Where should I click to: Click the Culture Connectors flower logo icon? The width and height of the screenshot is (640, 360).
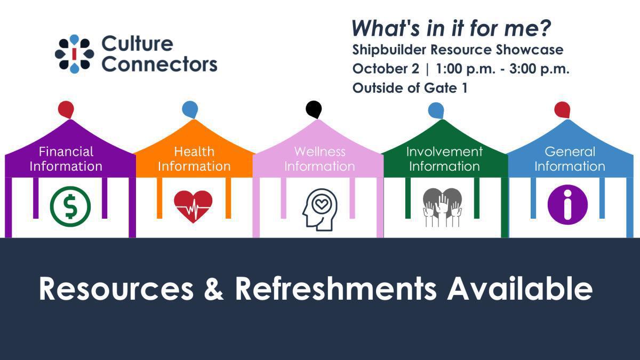(x=75, y=54)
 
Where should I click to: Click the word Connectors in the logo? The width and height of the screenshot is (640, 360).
(x=159, y=64)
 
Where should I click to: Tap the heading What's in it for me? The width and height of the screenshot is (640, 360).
(x=451, y=28)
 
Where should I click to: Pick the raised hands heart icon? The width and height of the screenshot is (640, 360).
(x=442, y=207)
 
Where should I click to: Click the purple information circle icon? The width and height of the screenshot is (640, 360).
(x=567, y=205)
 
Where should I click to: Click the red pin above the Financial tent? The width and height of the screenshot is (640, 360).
(x=66, y=109)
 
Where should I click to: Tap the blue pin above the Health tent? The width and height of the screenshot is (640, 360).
(x=190, y=109)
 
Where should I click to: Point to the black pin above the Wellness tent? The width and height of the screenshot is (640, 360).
(x=314, y=109)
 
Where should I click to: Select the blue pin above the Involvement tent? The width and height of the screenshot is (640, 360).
(x=436, y=110)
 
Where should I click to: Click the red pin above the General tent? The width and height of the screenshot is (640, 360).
(x=562, y=109)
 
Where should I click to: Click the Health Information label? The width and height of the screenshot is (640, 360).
(x=194, y=159)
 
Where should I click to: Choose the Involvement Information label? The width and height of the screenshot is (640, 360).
(x=444, y=159)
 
